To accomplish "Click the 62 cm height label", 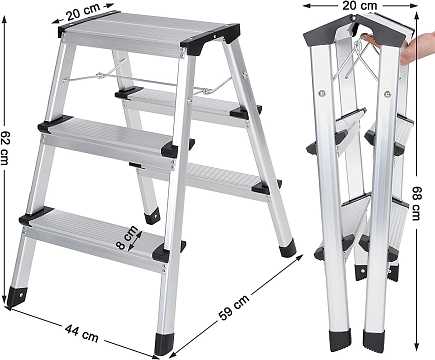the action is (5, 147).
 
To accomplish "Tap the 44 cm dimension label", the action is (82, 333).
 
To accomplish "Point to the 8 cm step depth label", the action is (127, 237).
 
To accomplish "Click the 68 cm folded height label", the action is (417, 203).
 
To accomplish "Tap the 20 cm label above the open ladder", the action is (83, 12).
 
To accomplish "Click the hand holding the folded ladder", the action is (417, 47).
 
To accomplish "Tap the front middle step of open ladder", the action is (113, 138).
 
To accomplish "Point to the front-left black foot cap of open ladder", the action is (17, 295).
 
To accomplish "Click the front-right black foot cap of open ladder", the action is (165, 344).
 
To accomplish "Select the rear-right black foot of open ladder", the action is (287, 249).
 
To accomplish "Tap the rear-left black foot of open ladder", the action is (152, 216).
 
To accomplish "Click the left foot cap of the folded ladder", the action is (340, 340).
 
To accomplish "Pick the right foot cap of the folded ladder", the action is (374, 341).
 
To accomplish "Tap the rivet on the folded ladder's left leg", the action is (322, 94).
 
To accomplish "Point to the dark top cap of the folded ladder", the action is (353, 33).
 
